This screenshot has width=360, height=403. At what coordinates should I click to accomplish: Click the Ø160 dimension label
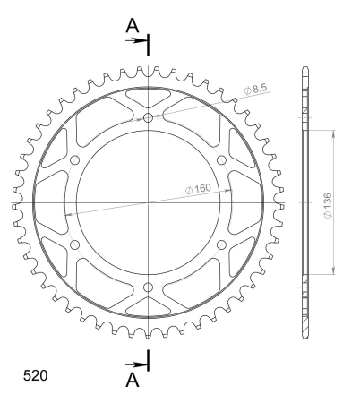[198, 189]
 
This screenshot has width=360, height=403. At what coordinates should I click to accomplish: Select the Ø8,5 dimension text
[256, 89]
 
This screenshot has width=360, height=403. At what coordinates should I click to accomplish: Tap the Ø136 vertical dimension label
[328, 205]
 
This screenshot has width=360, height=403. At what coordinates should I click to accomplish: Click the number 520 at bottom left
[35, 375]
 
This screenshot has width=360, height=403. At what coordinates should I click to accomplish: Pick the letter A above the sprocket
[133, 25]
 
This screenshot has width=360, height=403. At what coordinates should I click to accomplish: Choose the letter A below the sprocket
[133, 380]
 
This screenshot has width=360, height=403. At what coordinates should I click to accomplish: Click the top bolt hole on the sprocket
[148, 118]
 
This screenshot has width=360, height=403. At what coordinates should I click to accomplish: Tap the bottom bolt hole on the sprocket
[148, 287]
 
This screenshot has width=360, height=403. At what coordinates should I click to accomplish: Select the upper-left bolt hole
[74, 160]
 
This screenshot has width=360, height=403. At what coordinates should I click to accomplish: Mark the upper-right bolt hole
[221, 160]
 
